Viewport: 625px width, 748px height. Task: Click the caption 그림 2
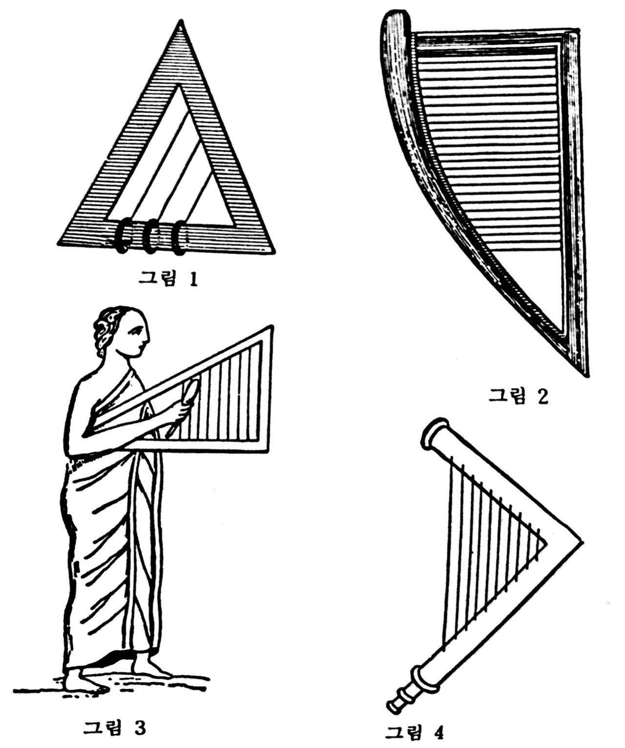(x=519, y=395)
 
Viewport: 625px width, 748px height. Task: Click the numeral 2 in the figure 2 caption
(x=542, y=396)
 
